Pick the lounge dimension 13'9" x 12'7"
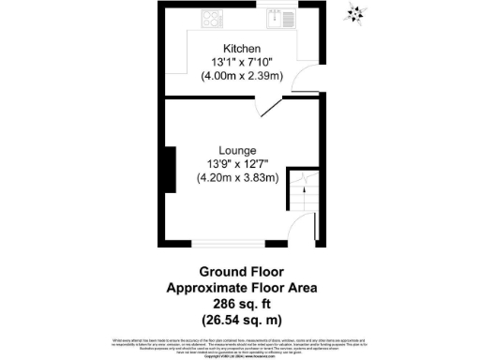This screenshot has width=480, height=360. [237, 164]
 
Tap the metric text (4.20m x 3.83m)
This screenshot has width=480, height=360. [237, 178]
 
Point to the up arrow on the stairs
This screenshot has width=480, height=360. [301, 184]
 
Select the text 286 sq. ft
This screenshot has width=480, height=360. [241, 303]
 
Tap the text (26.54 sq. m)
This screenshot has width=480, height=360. [241, 318]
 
